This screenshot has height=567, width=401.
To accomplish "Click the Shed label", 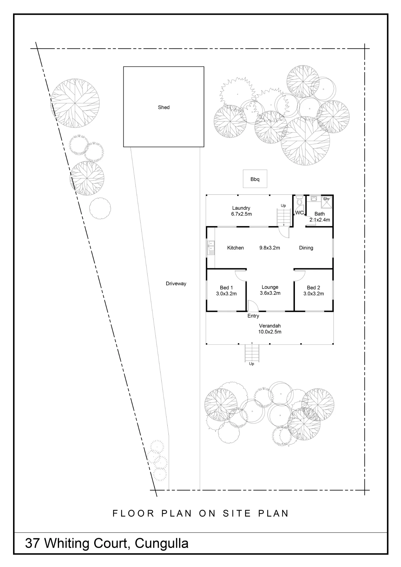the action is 164,107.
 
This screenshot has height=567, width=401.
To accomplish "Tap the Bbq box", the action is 255,179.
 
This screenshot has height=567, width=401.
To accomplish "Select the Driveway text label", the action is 176,283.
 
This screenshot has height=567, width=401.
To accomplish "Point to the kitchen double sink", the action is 211,247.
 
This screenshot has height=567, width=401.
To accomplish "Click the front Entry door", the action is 253,306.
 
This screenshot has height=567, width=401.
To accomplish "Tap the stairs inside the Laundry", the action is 284,217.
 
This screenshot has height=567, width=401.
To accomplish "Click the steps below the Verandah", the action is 252,353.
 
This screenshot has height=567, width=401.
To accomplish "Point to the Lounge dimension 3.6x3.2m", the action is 270,293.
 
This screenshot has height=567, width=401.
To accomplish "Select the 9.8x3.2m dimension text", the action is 270,248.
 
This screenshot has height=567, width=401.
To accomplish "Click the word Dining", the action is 306,248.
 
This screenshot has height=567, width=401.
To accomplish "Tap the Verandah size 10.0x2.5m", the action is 270,332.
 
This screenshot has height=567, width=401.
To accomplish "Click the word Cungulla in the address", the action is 162,543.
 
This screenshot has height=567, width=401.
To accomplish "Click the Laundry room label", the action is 241,208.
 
